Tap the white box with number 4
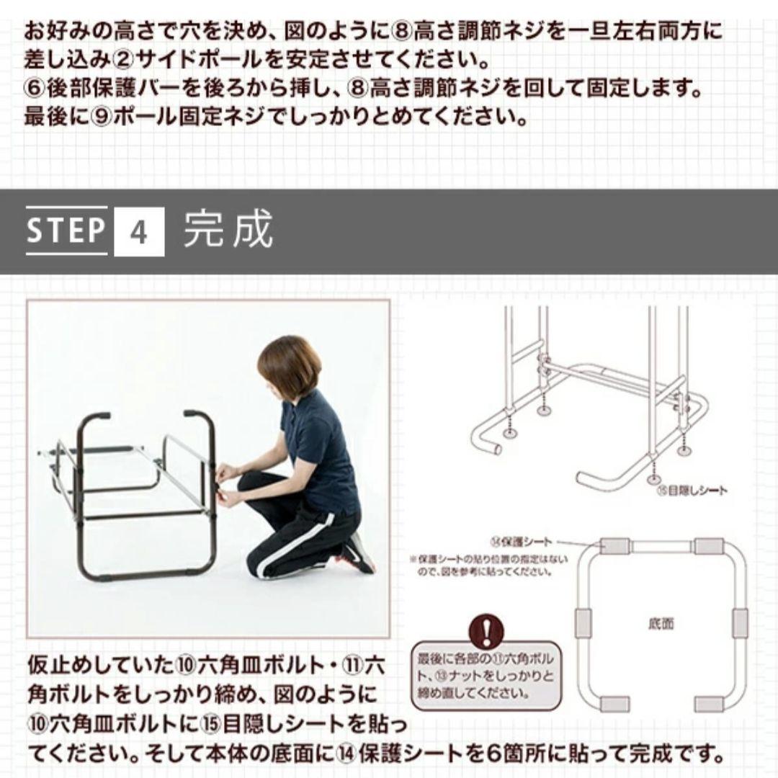tap(139, 232)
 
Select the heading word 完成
tap(228, 231)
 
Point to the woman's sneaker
tap(358, 553)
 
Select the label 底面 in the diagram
tap(661, 623)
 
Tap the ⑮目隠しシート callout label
tap(691, 491)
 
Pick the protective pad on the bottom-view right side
tap(740, 623)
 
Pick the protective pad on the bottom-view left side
tap(582, 623)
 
